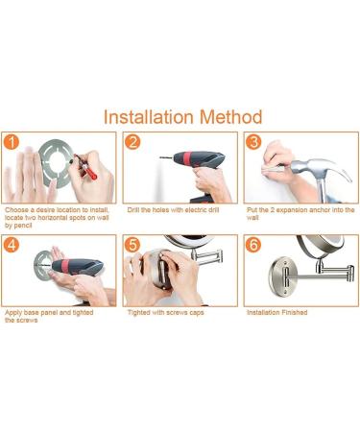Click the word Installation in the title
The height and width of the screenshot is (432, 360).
149,117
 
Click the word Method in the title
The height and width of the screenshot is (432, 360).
231,117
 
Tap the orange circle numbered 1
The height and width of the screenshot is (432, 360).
12,142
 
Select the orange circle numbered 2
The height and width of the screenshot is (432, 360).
132,142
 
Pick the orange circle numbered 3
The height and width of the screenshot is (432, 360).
253,142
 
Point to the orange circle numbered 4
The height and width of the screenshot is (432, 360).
12,245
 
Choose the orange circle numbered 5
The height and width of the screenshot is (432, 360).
132,245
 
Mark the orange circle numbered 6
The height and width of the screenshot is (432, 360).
253,245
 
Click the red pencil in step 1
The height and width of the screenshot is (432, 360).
85,167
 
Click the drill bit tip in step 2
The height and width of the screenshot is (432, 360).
161,157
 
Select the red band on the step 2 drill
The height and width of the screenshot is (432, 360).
187,159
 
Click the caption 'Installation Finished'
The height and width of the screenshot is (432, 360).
277,312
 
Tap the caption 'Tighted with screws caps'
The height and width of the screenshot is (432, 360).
166,312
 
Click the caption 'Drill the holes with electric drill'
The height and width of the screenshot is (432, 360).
173,210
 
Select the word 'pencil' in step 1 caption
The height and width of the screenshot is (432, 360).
23,226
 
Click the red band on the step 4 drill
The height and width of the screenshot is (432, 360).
65,266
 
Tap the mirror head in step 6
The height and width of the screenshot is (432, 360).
321,248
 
